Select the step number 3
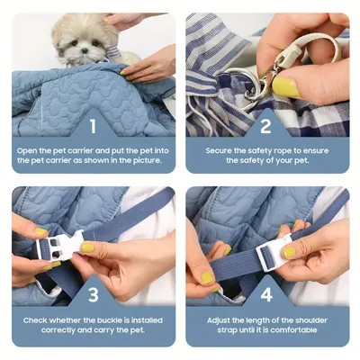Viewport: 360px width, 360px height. tap(93, 294)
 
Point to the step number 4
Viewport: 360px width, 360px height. tap(266, 294)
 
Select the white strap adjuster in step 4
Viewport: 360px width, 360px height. tap(275, 256)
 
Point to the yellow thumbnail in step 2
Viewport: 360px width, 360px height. tap(286, 87)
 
